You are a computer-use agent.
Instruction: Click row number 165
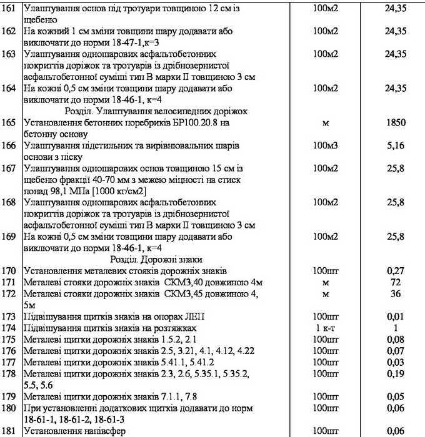pos(11,123)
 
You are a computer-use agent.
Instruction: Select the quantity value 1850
pos(392,123)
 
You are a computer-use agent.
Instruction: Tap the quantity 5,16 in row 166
pos(392,145)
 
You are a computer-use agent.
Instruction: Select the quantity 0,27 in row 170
pos(392,270)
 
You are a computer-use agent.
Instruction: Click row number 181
pos(11,430)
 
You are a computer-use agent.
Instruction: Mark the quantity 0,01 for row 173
pos(392,317)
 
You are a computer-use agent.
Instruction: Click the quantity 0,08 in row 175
pos(392,338)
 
